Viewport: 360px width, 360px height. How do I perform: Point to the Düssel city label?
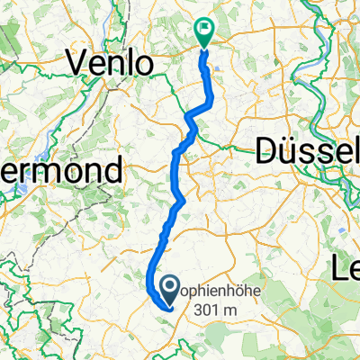point(307,150)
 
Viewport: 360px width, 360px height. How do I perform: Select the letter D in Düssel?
point(267,150)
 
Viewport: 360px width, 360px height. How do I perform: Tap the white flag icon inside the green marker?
point(204,28)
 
